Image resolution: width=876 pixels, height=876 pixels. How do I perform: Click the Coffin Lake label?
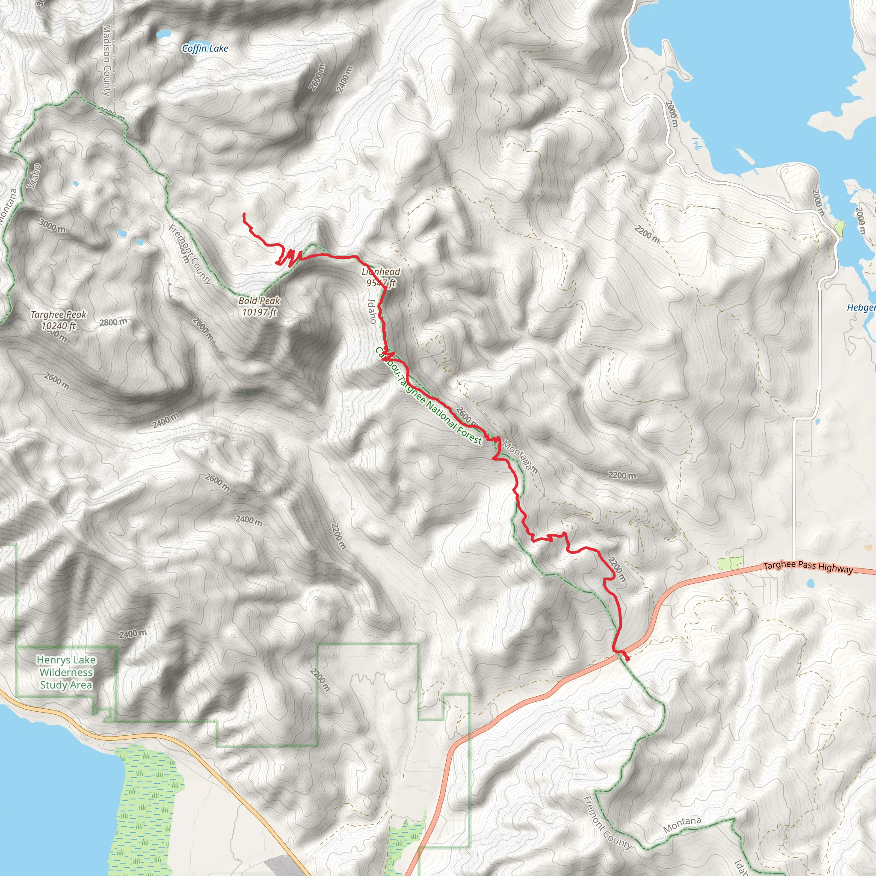pos(205,48)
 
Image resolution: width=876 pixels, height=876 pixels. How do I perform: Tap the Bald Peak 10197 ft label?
pos(259,307)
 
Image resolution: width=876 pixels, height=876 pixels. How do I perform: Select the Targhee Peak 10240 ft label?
pos(59,320)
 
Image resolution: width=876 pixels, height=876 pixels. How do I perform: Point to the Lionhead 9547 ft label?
pos(381,278)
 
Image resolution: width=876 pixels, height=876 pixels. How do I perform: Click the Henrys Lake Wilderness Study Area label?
pos(66,672)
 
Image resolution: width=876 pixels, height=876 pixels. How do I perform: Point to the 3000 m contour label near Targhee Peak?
pos(52,225)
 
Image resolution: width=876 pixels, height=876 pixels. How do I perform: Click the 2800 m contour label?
pos(113,323)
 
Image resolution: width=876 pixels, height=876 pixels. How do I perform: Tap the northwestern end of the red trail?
pos(244,213)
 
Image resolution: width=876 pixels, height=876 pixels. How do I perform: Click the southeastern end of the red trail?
pos(628,660)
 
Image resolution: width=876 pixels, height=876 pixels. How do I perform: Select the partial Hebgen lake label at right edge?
pos(861,308)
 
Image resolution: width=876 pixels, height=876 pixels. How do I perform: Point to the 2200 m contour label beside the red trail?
pos(617,569)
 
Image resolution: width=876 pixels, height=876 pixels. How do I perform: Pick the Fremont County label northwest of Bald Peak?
pos(190,255)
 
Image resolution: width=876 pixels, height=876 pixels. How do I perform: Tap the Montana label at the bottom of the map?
pos(682,825)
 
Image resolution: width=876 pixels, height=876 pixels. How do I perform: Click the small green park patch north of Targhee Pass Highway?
pos(731,564)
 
